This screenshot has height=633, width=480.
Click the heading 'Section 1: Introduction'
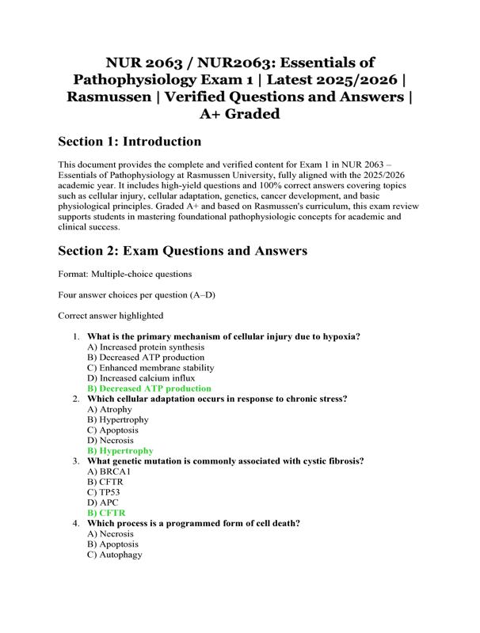[130, 142]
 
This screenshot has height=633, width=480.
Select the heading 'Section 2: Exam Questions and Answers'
[183, 251]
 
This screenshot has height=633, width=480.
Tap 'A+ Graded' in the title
[239, 114]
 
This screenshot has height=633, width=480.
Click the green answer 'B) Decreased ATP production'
[149, 389]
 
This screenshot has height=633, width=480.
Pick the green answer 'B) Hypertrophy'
[120, 450]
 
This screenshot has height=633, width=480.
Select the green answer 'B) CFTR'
[106, 513]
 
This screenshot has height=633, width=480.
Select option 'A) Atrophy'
[110, 409]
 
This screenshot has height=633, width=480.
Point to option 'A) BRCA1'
[109, 472]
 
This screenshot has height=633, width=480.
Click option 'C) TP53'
[105, 492]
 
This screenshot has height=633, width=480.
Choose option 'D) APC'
[104, 502]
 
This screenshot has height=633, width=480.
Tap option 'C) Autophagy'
[115, 555]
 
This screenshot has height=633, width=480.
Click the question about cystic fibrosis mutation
[225, 461]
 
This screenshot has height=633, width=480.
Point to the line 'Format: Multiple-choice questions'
[125, 274]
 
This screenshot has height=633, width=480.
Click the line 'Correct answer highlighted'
[111, 315]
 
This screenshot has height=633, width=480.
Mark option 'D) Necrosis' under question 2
[111, 440]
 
